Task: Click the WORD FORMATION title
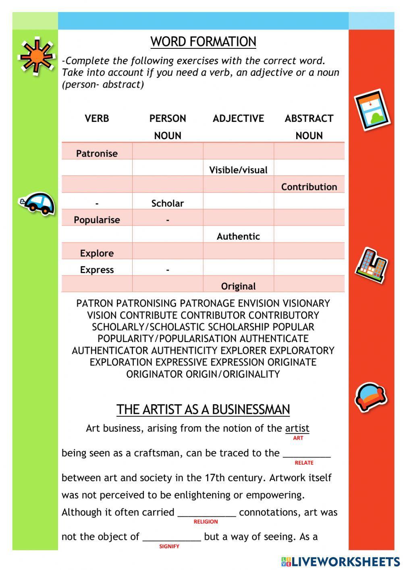point(203,42)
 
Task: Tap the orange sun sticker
point(37,56)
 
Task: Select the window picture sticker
point(373,110)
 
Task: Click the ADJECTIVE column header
point(238,119)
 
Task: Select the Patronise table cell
point(97,153)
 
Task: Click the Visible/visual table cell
point(238,170)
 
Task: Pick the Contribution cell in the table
point(309,187)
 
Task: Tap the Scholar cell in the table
point(167,203)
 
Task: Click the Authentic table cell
point(238,236)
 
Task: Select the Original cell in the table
point(238,286)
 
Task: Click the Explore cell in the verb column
point(97,253)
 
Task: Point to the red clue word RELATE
point(304,463)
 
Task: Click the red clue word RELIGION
point(206,522)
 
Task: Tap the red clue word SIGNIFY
point(169,546)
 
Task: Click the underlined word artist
point(297,428)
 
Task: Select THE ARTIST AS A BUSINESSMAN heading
point(203,409)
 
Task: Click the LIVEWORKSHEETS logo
point(341,561)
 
